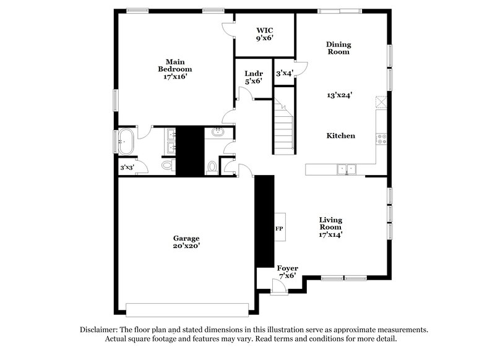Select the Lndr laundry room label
pos(253,77)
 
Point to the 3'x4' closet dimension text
pos(285,73)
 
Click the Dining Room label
pos(338,48)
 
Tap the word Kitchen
pos(341,135)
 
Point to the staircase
pos(284,129)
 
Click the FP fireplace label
pos(279,229)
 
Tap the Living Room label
pos(330,227)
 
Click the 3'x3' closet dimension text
pos(127,167)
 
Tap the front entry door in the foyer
pos(274,286)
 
